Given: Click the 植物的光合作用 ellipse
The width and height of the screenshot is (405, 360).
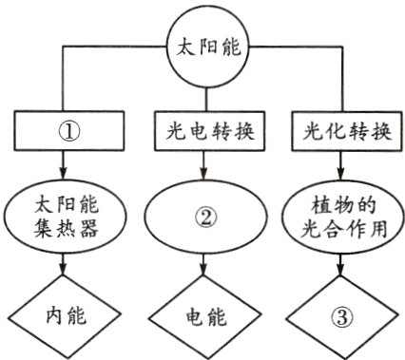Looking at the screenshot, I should (x=340, y=218).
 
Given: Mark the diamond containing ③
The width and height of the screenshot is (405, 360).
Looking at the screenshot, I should (x=340, y=315).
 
